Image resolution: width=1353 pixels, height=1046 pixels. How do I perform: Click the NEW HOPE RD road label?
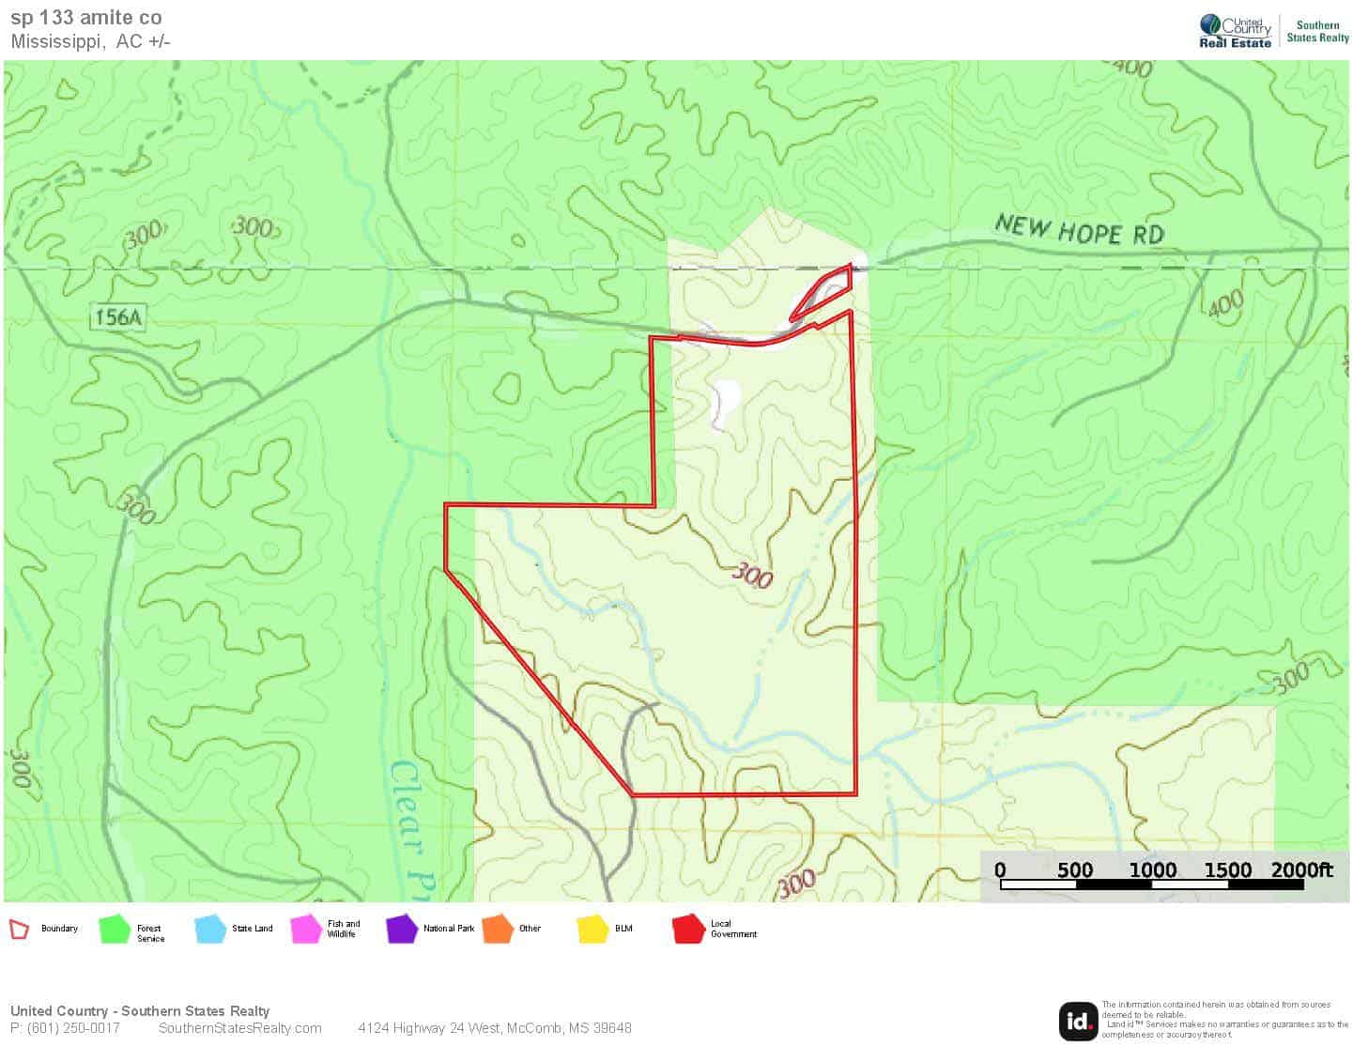pyautogui.click(x=1079, y=230)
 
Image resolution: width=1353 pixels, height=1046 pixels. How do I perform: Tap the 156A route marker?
pyautogui.click(x=118, y=317)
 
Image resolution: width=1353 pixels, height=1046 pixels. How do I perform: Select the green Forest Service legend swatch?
pyautogui.click(x=115, y=930)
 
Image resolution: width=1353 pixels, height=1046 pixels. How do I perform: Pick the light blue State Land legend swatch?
pyautogui.click(x=210, y=930)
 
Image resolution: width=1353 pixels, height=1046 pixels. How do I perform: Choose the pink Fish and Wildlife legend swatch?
pyautogui.click(x=306, y=930)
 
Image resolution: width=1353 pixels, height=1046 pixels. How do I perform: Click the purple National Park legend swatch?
pyautogui.click(x=402, y=930)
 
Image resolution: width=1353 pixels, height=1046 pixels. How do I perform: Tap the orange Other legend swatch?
pyautogui.click(x=498, y=930)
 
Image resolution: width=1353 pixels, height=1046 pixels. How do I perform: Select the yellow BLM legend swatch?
pyautogui.click(x=593, y=930)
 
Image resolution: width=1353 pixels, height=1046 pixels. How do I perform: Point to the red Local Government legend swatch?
pyautogui.click(x=688, y=930)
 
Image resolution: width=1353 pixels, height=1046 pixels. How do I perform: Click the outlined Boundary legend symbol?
pyautogui.click(x=20, y=930)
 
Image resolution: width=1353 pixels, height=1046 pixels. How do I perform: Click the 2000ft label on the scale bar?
pyautogui.click(x=1301, y=869)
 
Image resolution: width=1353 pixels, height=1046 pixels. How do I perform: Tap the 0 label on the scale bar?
pyautogui.click(x=1000, y=869)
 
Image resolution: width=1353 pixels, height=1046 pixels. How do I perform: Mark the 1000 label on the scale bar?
pyautogui.click(x=1152, y=869)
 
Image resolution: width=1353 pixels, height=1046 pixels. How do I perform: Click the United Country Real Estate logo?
pyautogui.click(x=1236, y=31)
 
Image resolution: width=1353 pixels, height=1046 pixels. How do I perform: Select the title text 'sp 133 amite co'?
pyautogui.click(x=86, y=18)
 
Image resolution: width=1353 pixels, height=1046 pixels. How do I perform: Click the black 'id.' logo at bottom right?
pyautogui.click(x=1078, y=1022)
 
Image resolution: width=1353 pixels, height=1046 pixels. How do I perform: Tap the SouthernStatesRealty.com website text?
pyautogui.click(x=240, y=1028)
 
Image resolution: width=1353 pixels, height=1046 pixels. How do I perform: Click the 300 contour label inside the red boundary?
pyautogui.click(x=752, y=575)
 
